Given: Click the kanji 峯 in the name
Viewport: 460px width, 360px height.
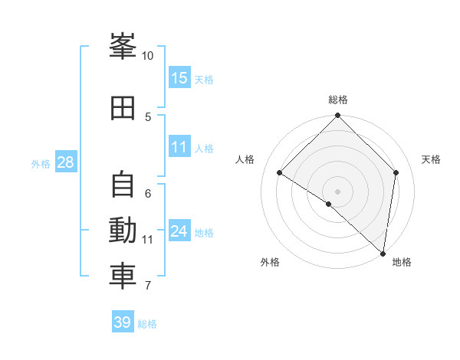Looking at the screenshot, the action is click(123, 46).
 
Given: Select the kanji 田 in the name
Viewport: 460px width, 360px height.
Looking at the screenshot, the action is click(123, 108).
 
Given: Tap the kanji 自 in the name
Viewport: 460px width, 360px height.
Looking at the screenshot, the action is click(123, 184).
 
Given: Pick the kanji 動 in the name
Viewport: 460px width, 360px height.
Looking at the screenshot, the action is click(123, 230).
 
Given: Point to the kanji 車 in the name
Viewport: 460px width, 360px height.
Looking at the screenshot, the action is click(123, 277).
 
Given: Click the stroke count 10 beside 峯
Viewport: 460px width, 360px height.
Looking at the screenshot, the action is click(147, 56).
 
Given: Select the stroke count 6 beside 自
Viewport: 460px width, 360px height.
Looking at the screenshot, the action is click(148, 194).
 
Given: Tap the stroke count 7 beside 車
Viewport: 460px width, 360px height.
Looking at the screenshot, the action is click(148, 285).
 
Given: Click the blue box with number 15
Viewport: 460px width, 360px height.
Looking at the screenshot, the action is click(179, 77).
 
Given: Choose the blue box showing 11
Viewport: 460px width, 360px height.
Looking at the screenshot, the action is click(179, 146).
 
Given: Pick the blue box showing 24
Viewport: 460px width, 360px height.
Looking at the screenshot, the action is click(179, 230).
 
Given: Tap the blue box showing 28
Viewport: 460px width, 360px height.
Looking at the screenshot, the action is click(66, 162).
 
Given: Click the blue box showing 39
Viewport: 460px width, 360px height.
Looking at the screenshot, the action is click(123, 321).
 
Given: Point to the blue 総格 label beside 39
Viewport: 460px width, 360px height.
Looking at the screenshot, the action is click(147, 324).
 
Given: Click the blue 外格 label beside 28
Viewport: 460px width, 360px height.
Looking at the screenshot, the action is click(41, 164).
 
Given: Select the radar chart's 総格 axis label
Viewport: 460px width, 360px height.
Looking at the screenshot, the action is click(338, 100).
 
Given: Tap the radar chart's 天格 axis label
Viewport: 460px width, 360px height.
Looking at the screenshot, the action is click(431, 159).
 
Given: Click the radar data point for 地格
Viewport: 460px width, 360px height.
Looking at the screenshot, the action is click(383, 254).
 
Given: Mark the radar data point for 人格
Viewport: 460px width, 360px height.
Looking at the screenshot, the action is click(280, 172).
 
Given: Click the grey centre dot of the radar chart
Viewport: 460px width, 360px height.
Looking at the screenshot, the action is click(337, 191).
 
